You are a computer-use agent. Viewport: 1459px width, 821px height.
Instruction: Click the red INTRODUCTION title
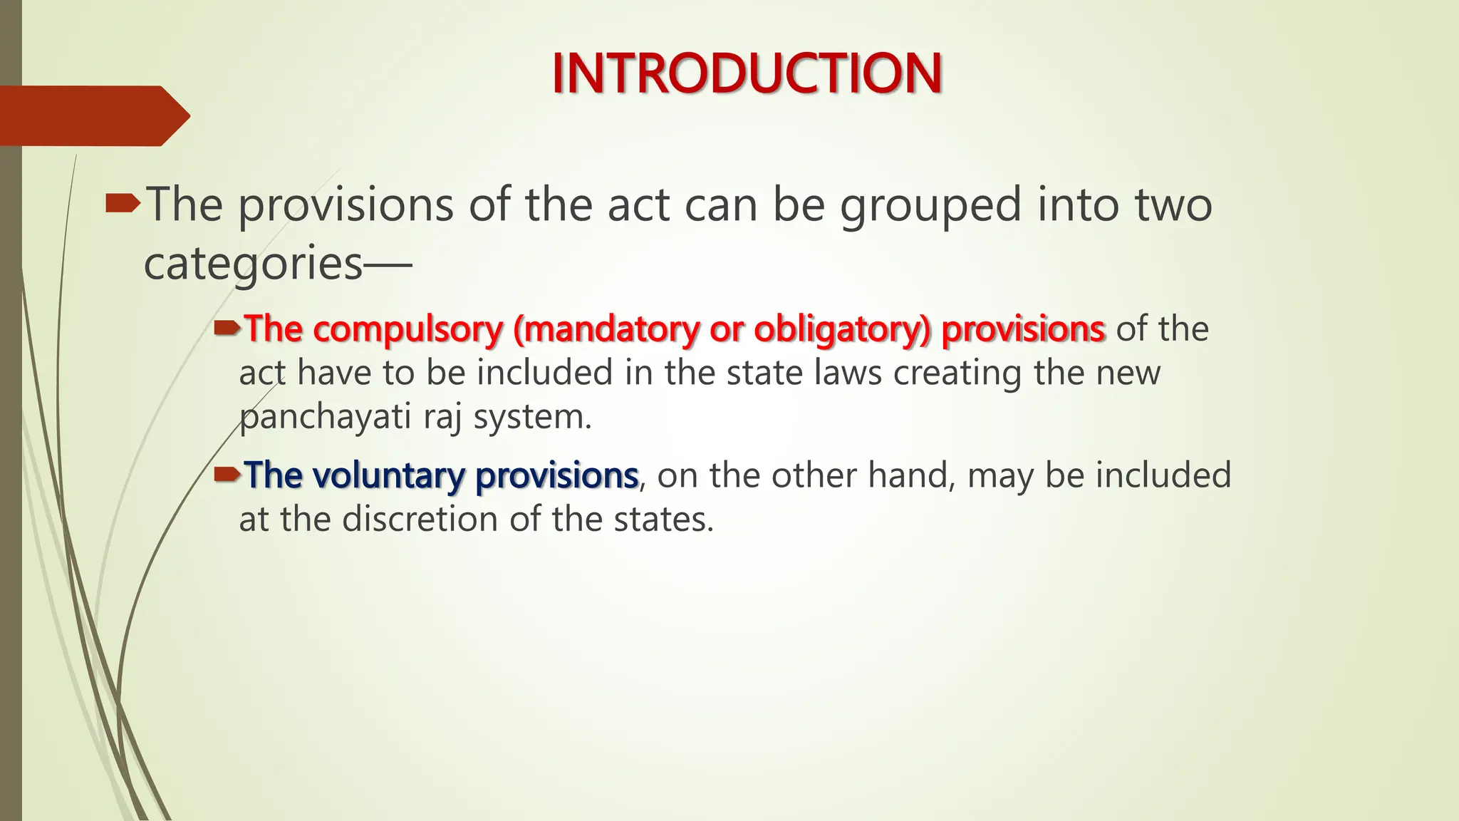(747, 73)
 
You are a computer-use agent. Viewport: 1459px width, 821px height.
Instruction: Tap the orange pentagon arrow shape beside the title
(93, 115)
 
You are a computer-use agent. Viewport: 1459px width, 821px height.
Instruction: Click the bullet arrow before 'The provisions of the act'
(123, 205)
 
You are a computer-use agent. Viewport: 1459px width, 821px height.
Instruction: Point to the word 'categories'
(254, 264)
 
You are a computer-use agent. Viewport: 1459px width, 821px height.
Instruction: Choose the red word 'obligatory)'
(842, 329)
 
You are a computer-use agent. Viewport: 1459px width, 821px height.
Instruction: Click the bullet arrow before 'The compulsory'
(228, 328)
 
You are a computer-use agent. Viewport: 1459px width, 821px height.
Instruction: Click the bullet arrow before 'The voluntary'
(228, 474)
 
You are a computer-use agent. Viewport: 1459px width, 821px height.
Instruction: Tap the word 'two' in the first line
(1173, 205)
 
